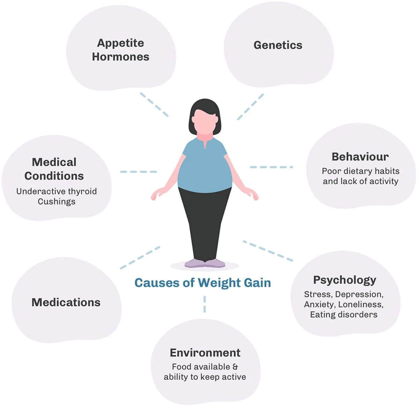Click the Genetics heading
point(278,45)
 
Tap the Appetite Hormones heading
point(120,50)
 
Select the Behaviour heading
point(360,157)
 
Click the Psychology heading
point(345,280)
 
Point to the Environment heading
point(205,353)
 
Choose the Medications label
point(66,303)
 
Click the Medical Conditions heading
point(54,169)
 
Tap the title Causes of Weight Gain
point(203,283)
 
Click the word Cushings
point(57,202)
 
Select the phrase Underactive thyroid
point(57,191)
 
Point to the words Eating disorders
point(344,315)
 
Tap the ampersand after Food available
point(235,367)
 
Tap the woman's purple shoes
point(205,263)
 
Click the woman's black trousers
point(205,217)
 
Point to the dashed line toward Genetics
point(250,107)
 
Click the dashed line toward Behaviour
point(271,167)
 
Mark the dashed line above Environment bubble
point(205,304)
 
